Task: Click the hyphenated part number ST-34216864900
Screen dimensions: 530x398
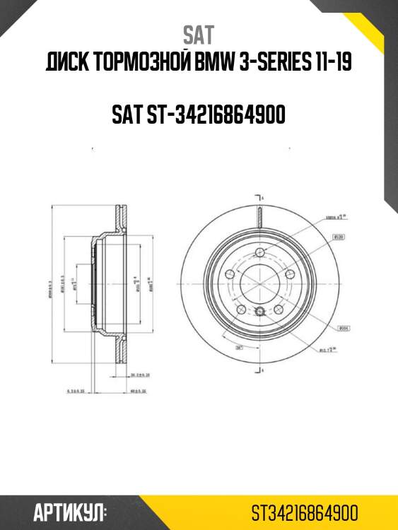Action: tap(199, 114)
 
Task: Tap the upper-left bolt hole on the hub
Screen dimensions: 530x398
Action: tap(229, 274)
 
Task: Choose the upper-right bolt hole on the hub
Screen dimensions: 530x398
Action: tap(289, 274)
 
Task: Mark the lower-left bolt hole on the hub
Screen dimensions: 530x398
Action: tap(240, 309)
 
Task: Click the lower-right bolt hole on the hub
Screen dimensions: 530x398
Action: tap(278, 309)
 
